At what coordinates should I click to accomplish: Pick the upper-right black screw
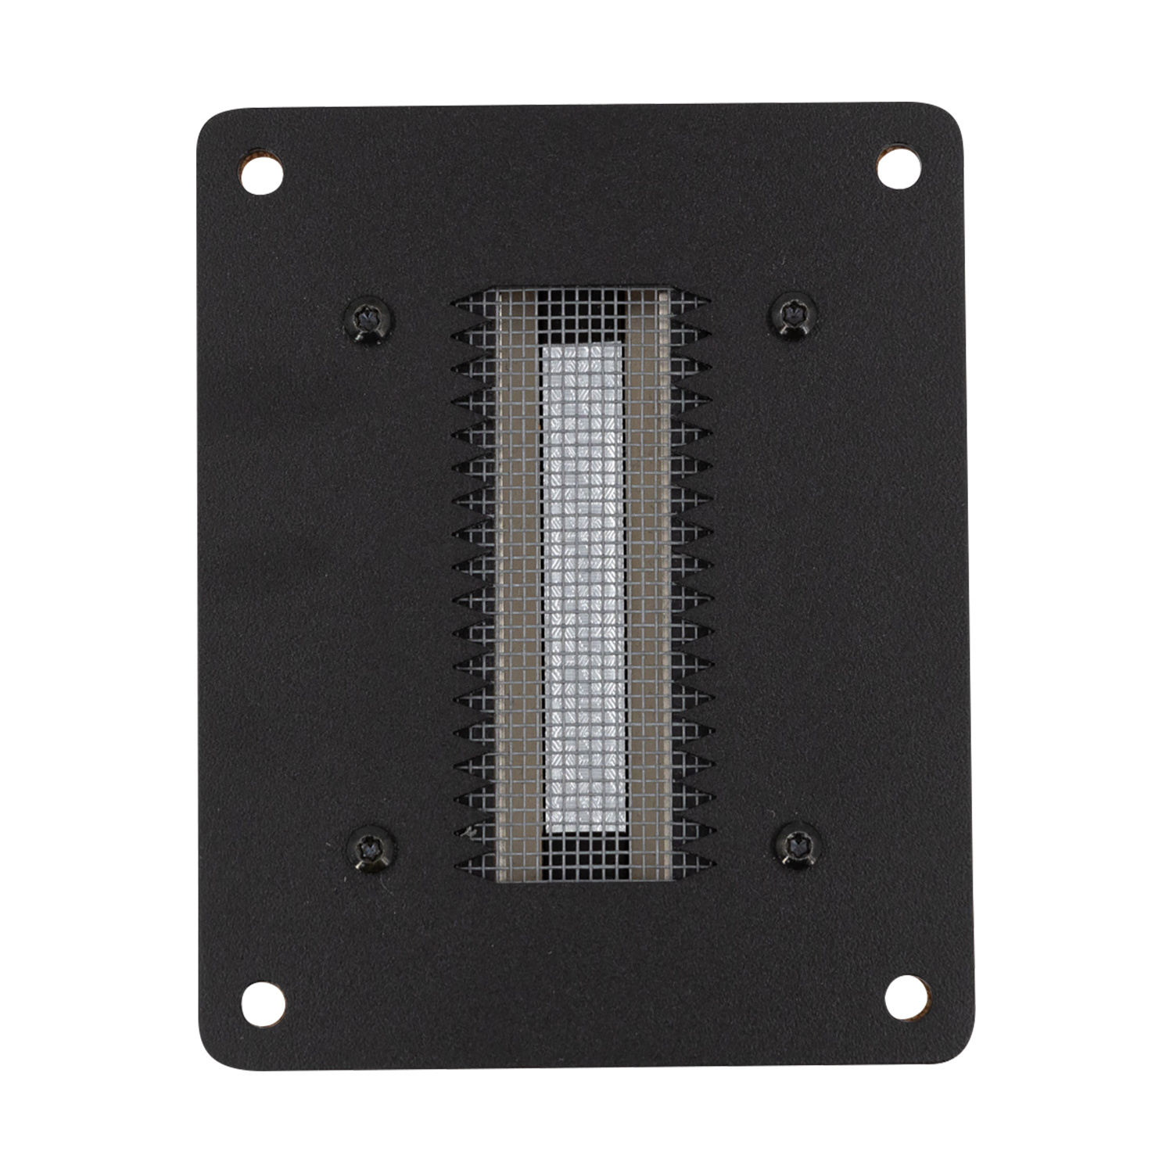[x=795, y=314]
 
